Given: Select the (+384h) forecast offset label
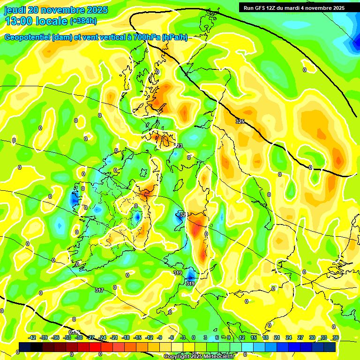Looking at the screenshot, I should [x=83, y=21].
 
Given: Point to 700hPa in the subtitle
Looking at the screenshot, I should [x=147, y=37].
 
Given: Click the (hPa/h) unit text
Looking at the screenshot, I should [x=175, y=37].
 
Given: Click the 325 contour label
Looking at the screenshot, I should [x=240, y=121].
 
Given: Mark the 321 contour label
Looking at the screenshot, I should [x=183, y=215].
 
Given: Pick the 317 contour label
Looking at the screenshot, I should [x=99, y=291].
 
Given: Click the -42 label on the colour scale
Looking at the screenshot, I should [x=32, y=337].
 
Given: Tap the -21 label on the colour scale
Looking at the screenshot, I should [x=114, y=337].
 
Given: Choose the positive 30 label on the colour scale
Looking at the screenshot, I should [x=312, y=337].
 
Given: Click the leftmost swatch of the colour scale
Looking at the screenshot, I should [x=25, y=347].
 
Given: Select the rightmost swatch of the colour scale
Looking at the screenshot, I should [x=330, y=347].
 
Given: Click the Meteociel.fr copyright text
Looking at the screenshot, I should [x=199, y=357].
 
